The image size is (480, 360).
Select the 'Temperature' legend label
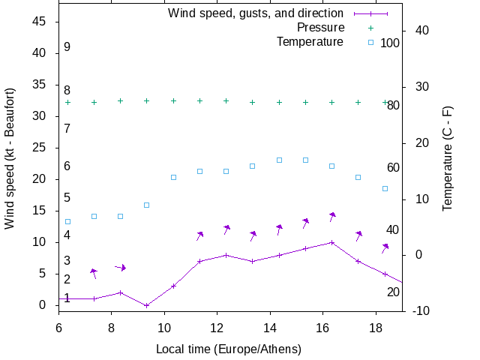click(310, 42)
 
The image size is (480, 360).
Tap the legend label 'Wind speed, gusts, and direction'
click(256, 13)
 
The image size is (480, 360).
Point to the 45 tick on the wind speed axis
click(41, 22)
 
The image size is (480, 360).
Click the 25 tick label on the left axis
click(41, 148)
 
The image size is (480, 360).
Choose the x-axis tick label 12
click(217, 327)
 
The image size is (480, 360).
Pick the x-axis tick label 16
click(322, 327)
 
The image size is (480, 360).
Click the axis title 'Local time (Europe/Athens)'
click(228, 349)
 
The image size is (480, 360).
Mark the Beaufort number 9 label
click(67, 47)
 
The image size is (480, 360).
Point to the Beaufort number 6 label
click(67, 166)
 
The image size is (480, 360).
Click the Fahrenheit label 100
click(390, 43)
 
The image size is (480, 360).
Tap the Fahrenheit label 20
click(393, 292)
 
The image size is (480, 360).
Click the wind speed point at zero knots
click(147, 305)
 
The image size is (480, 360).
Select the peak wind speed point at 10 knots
click(331, 242)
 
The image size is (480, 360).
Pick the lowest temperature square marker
click(67, 221)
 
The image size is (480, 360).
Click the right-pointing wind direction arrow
click(120, 267)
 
